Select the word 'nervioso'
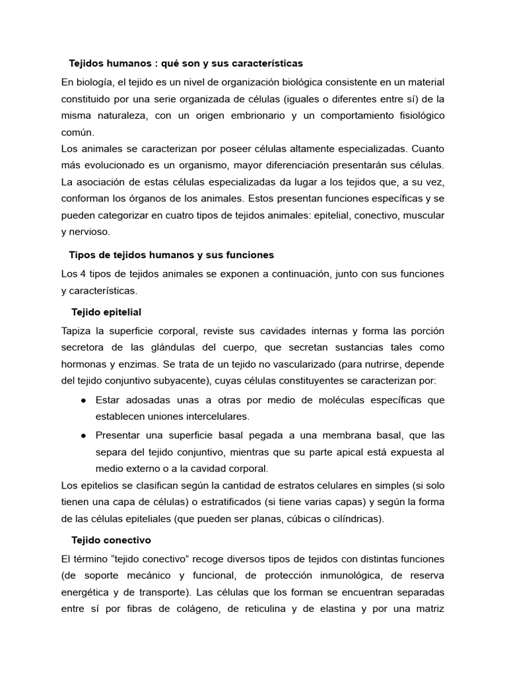point(90,232)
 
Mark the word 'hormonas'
point(83,364)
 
